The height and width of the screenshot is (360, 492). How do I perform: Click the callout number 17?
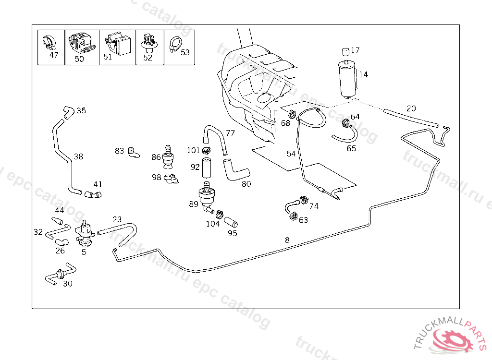pos(355,50)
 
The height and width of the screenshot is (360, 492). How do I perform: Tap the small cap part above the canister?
pos(345,51)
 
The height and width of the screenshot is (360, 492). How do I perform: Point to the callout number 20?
pos(411,108)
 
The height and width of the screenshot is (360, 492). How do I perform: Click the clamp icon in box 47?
pos(49,42)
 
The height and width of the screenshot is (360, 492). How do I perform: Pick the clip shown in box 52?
pos(148,42)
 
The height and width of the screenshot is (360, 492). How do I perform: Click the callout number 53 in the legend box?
pos(185,52)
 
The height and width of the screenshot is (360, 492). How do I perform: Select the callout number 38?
pos(78,156)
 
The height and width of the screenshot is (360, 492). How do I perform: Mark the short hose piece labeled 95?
pos(232,222)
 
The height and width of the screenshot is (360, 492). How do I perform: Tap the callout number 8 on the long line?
pos(287,240)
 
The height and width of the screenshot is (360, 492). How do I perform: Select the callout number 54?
pos(291,154)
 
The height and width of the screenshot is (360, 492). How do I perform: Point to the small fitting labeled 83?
pos(133,153)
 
